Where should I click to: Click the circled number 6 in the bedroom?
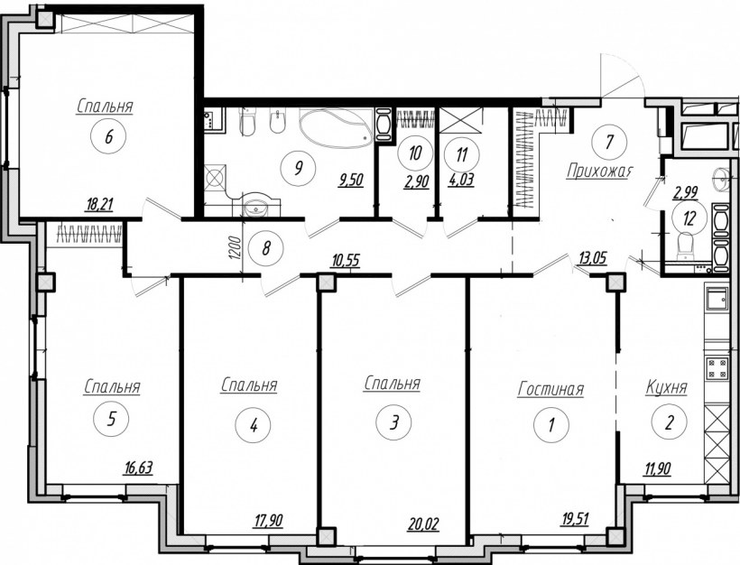(108, 137)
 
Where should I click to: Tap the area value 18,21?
(99, 204)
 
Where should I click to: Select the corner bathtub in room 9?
(336, 126)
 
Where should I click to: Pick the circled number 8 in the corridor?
(265, 248)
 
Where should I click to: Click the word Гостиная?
(550, 390)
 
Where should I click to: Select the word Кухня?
(666, 388)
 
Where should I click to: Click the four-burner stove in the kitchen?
(717, 368)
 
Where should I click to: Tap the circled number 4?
(253, 425)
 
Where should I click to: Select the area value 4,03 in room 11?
(461, 181)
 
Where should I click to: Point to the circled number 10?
(414, 153)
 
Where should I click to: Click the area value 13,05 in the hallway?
(592, 259)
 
